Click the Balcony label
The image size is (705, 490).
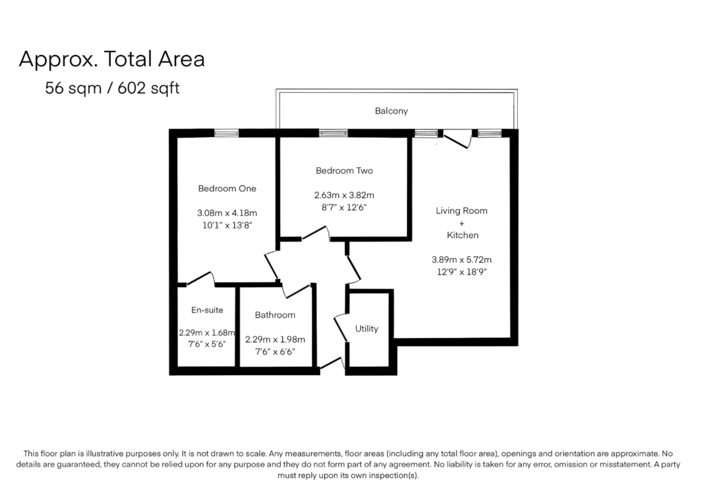point(391,111)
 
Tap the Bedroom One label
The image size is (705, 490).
point(227,189)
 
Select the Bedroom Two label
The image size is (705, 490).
point(344,171)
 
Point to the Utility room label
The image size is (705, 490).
point(366,329)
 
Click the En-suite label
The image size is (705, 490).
point(207,310)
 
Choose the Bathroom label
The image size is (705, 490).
point(275,315)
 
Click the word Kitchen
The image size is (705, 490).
point(463,235)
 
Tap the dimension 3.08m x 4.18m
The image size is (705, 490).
point(227,213)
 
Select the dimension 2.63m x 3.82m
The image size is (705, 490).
point(344,195)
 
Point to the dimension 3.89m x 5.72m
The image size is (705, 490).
point(462,260)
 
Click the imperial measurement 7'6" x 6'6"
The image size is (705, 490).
point(275,352)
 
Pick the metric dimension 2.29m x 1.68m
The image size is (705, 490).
point(207,333)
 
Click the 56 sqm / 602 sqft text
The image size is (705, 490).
point(112,88)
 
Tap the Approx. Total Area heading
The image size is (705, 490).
point(112,59)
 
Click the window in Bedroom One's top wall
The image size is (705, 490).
point(226,133)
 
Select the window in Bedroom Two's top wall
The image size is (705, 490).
point(333,133)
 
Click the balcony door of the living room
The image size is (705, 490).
point(458,139)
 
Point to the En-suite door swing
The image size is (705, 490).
point(201,279)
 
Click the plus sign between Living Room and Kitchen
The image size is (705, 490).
point(462,224)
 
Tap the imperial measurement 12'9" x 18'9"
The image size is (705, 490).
point(462,272)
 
